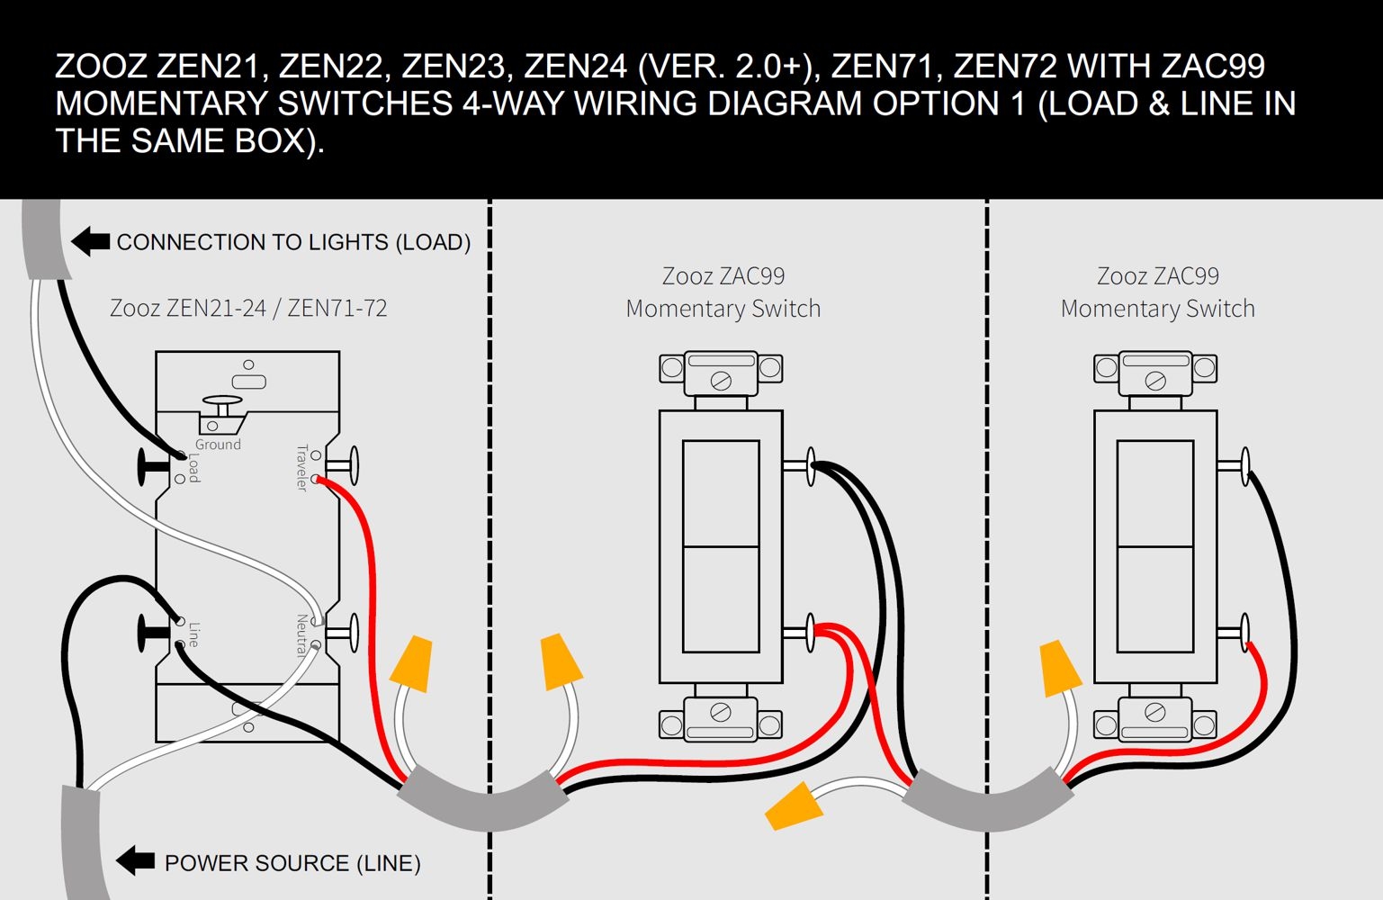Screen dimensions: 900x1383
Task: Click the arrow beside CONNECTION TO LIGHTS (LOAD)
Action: click(x=90, y=241)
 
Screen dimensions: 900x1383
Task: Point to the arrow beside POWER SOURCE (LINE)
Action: click(x=136, y=860)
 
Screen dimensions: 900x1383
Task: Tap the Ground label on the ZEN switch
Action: click(x=218, y=445)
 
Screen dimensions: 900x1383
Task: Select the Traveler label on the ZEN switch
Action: click(x=302, y=467)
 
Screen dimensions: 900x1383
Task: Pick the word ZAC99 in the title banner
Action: click(x=1213, y=67)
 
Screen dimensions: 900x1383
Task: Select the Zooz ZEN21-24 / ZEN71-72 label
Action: click(x=248, y=308)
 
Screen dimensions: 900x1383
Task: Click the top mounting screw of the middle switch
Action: click(x=721, y=381)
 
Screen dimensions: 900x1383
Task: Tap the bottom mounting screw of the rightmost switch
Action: click(x=1155, y=713)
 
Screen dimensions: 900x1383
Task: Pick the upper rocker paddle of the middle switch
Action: click(x=721, y=492)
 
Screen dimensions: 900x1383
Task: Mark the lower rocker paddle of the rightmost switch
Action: click(x=1155, y=598)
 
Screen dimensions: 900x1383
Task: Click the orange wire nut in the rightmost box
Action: click(x=1059, y=669)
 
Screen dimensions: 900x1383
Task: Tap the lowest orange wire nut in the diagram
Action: click(x=794, y=805)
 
